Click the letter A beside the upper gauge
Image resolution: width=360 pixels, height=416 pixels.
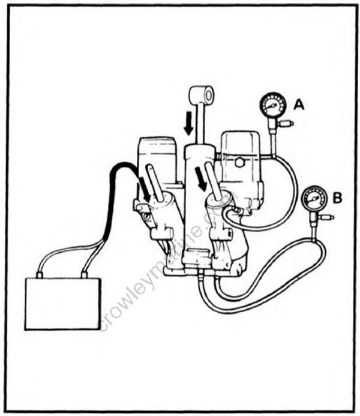299,106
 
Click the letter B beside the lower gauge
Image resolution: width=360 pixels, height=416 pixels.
337,197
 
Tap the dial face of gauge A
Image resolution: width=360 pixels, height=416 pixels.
272,106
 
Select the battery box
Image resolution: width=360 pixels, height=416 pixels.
62,303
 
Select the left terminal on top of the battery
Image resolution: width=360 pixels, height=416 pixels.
40,275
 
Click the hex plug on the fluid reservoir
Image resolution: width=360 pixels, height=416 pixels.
239,163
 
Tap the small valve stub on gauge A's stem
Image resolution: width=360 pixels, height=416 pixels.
288,124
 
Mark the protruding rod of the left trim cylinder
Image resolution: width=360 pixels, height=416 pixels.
156,183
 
